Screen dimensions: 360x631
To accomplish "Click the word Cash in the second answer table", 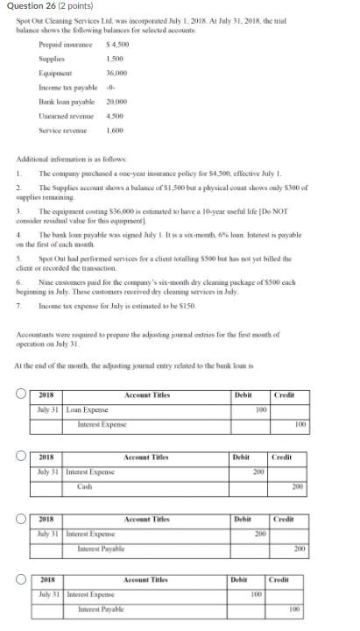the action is point(85,486).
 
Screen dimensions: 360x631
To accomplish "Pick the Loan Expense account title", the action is point(86,409).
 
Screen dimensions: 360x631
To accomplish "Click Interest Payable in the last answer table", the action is point(101,609).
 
